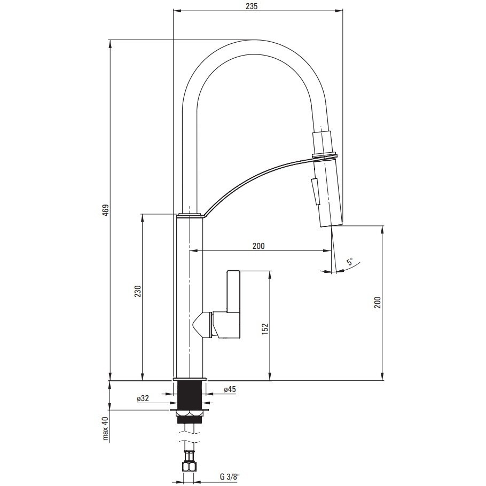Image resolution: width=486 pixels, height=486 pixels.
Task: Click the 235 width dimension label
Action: tap(252, 6)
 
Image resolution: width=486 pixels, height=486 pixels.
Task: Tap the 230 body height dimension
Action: tap(138, 291)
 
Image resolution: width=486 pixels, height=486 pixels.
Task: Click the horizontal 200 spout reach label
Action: tap(258, 246)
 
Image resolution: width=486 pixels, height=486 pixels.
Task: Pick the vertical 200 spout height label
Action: tap(377, 302)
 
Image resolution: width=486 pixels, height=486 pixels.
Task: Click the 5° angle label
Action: tap(350, 261)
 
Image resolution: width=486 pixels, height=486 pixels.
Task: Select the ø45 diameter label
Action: tap(230, 389)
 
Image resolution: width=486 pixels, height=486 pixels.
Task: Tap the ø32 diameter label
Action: tap(143, 398)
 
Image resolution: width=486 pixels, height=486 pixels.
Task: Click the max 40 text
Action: tap(106, 428)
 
